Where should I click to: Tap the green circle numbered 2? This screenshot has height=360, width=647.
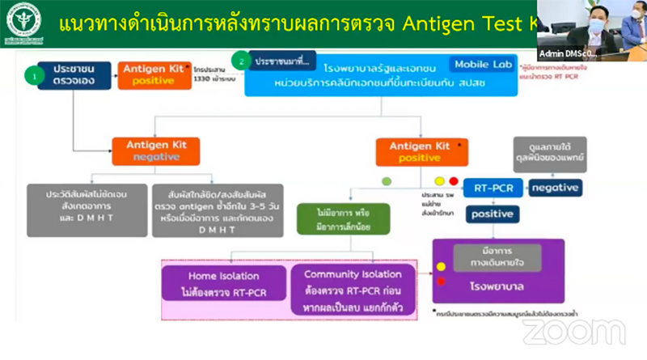[x=239, y=60]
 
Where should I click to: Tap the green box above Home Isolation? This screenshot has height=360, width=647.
[x=344, y=216]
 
